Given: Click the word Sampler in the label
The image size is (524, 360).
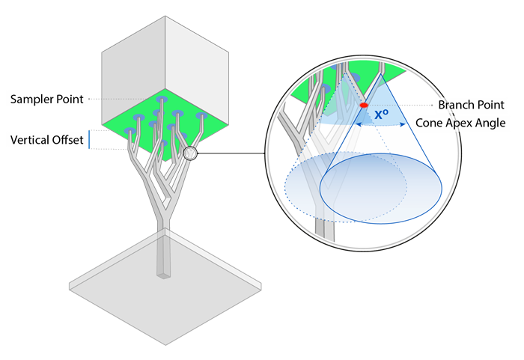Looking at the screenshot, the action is pyautogui.click(x=31, y=100).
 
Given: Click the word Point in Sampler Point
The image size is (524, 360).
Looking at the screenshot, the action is pyautogui.click(x=70, y=100).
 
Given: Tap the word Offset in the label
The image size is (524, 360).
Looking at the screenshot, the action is pyautogui.click(x=67, y=140).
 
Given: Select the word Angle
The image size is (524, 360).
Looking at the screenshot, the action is pyautogui.click(x=490, y=123).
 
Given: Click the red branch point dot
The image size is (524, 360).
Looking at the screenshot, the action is pyautogui.click(x=364, y=106).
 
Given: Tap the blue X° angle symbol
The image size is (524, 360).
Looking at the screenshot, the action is pyautogui.click(x=381, y=115).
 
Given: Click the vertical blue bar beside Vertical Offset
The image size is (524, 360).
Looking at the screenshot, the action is pyautogui.click(x=89, y=139).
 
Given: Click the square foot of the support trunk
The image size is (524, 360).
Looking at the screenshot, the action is pyautogui.click(x=164, y=275).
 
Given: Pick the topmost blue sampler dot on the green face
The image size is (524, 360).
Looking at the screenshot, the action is pyautogui.click(x=162, y=100).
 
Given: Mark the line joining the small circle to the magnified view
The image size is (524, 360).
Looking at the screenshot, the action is pyautogui.click(x=231, y=153).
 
